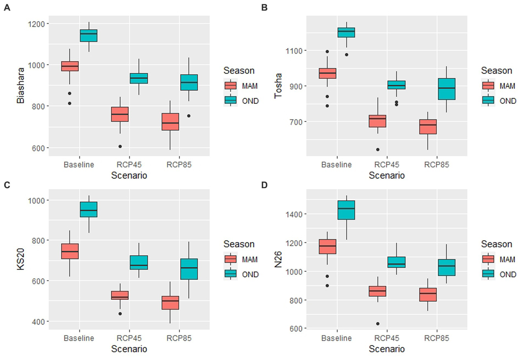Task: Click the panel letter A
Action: click(x=7, y=7)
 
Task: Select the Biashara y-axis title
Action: click(x=20, y=85)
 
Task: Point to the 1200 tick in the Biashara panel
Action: click(x=36, y=24)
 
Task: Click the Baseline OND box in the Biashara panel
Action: click(x=88, y=36)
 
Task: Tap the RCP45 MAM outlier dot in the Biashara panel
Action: click(x=120, y=147)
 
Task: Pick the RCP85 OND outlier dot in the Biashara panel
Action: click(x=189, y=116)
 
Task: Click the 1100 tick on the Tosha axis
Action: click(x=294, y=51)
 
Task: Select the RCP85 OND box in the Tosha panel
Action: click(x=447, y=89)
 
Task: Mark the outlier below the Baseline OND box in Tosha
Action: click(x=347, y=55)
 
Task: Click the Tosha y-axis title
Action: click(x=278, y=85)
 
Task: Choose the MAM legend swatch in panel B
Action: click(x=488, y=86)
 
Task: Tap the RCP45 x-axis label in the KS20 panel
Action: click(x=129, y=338)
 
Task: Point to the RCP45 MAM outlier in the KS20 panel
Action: click(x=120, y=314)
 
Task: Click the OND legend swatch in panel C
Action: click(x=231, y=274)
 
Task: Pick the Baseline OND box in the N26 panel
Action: click(x=346, y=210)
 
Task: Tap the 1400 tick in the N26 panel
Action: click(x=294, y=214)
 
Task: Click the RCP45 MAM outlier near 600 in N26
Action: click(x=378, y=324)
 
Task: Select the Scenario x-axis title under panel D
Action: click(x=387, y=349)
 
